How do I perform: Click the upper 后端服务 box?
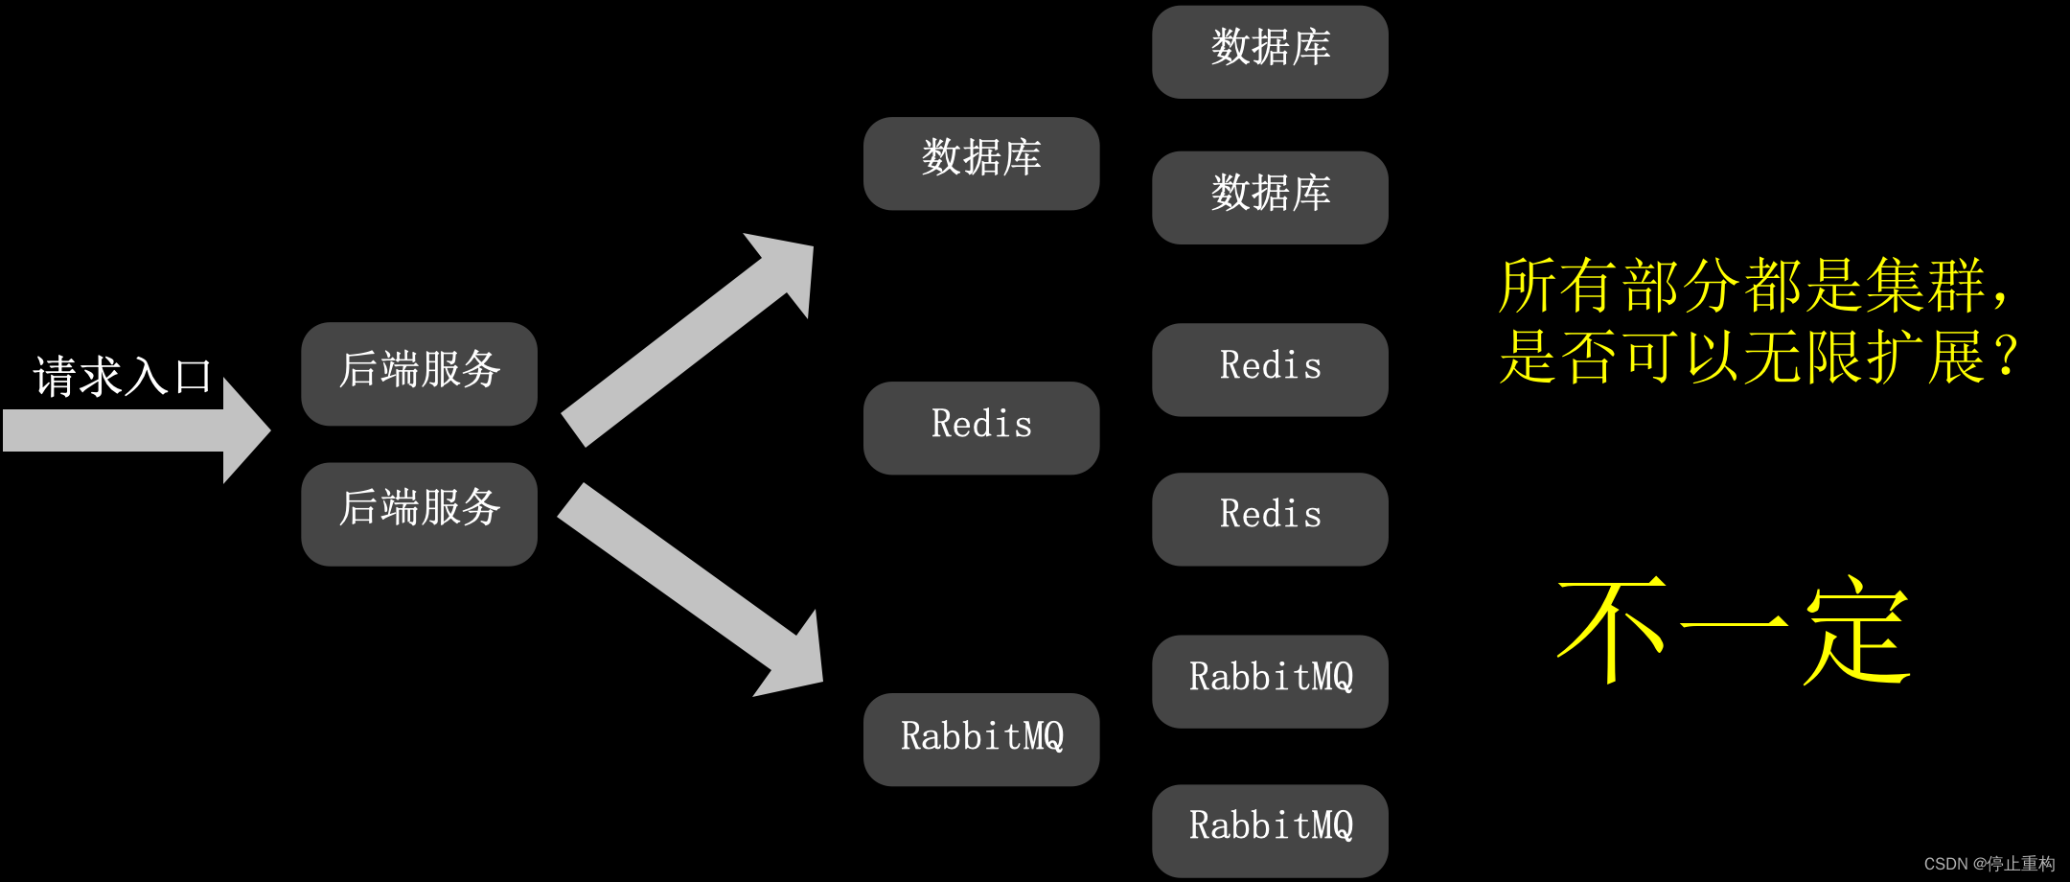(419, 373)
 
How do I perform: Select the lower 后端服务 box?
(419, 513)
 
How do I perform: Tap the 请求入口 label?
(122, 376)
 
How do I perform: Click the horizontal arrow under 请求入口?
(134, 430)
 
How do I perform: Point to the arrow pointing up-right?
(690, 336)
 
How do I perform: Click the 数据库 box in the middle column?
(980, 163)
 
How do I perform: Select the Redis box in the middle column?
(980, 428)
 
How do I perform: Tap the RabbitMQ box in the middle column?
(980, 739)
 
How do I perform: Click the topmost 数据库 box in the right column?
(1270, 52)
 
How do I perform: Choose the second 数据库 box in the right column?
(1270, 197)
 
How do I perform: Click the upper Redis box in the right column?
(1270, 369)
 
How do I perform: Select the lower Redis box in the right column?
(1270, 519)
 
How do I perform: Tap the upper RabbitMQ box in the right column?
(1270, 681)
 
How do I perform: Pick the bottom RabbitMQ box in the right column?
(1270, 830)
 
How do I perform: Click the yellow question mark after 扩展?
(2005, 357)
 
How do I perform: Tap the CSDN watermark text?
(1989, 864)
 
